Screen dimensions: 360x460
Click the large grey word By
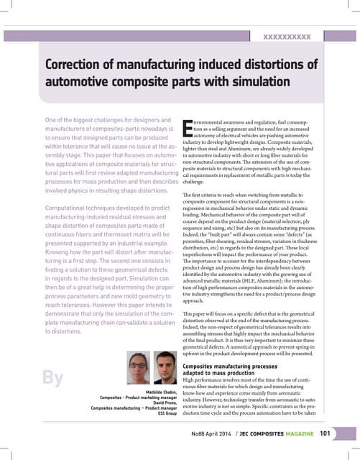click(49, 377)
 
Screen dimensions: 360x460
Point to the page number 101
click(325, 433)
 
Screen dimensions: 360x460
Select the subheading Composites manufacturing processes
click(234, 365)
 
